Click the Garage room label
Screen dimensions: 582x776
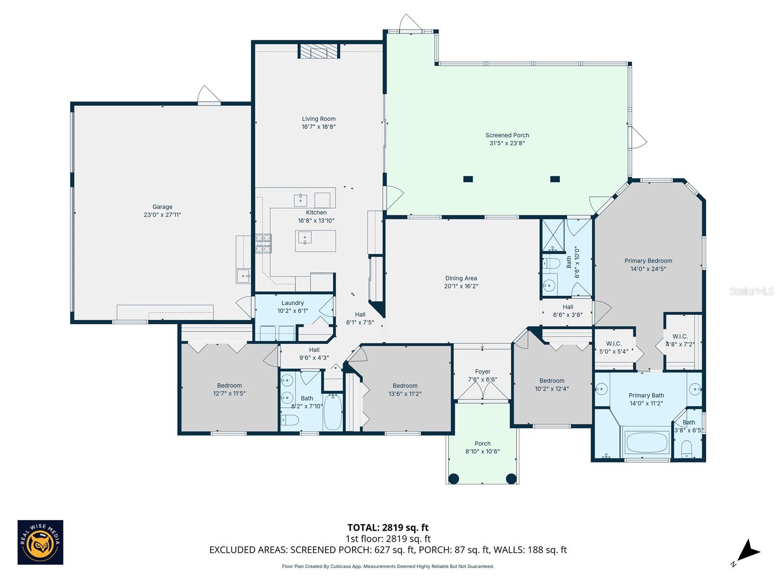coord(162,207)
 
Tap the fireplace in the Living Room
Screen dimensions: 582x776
coord(318,51)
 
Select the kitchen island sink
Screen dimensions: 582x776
coord(304,238)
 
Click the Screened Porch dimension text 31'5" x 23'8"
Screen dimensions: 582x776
coord(507,143)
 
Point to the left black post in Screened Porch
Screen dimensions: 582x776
coord(468,179)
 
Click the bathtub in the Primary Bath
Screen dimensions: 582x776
coord(647,442)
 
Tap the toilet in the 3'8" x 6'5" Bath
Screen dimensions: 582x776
coord(686,449)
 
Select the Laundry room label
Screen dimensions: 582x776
coord(292,303)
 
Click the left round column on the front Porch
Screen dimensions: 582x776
coord(453,479)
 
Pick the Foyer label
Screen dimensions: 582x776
coord(483,372)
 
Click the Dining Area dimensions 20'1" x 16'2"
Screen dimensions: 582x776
coord(461,286)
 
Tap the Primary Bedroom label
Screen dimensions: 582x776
coord(648,261)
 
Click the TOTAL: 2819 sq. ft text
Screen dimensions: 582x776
coord(388,528)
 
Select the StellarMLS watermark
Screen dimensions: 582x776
coord(752,291)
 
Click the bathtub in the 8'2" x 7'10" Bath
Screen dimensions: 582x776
coord(333,413)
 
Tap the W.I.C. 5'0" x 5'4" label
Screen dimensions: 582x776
coord(614,344)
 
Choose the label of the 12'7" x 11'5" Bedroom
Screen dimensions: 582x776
coord(229,386)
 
